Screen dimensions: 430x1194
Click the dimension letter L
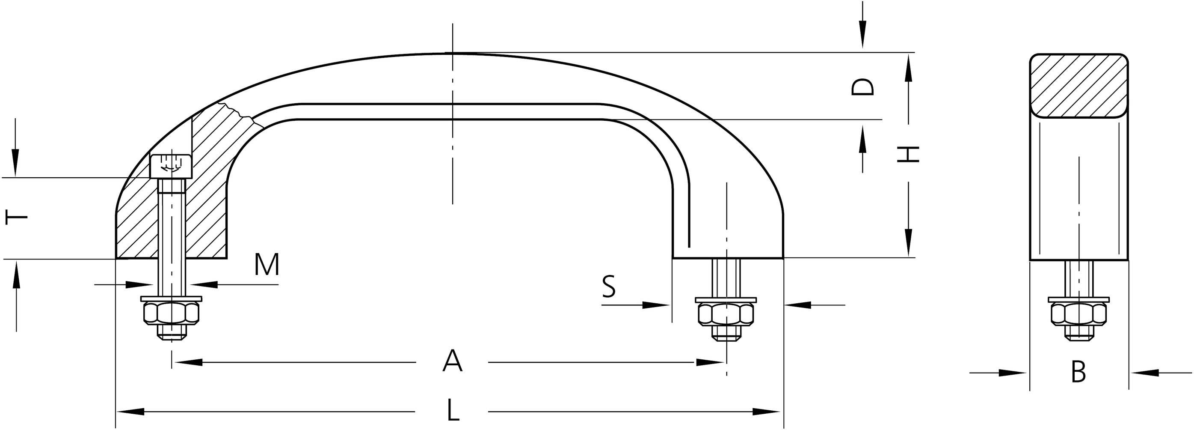tap(453, 411)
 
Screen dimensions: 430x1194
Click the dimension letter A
tap(452, 362)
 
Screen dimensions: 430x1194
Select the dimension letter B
tap(1078, 372)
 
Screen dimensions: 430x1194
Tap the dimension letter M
tap(267, 265)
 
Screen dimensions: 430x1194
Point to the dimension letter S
tap(609, 286)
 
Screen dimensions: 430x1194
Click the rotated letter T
tap(17, 217)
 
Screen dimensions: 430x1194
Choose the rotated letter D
tap(862, 87)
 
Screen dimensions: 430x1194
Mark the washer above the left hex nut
tap(172, 298)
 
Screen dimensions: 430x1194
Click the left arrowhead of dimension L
tap(130, 412)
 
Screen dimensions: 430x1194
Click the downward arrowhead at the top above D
tap(862, 39)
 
